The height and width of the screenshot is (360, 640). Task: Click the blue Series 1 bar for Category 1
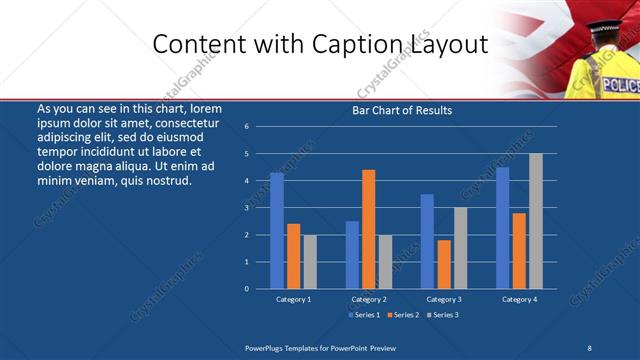point(277,231)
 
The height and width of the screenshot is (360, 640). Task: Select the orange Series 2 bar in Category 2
point(369,229)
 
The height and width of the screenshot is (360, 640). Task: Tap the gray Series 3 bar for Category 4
point(536,221)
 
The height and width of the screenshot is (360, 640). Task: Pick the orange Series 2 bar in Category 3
point(444,264)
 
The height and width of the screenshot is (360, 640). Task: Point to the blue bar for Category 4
point(503,228)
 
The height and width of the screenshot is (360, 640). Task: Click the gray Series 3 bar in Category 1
point(310,262)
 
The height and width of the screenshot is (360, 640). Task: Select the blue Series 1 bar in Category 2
point(352,255)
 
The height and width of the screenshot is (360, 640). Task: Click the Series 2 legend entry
point(402,315)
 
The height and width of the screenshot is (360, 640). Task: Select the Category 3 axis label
point(443,299)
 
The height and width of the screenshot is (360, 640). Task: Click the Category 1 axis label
point(294,299)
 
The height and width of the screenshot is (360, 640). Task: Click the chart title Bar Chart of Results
point(402,110)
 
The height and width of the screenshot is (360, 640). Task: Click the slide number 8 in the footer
point(590,346)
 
